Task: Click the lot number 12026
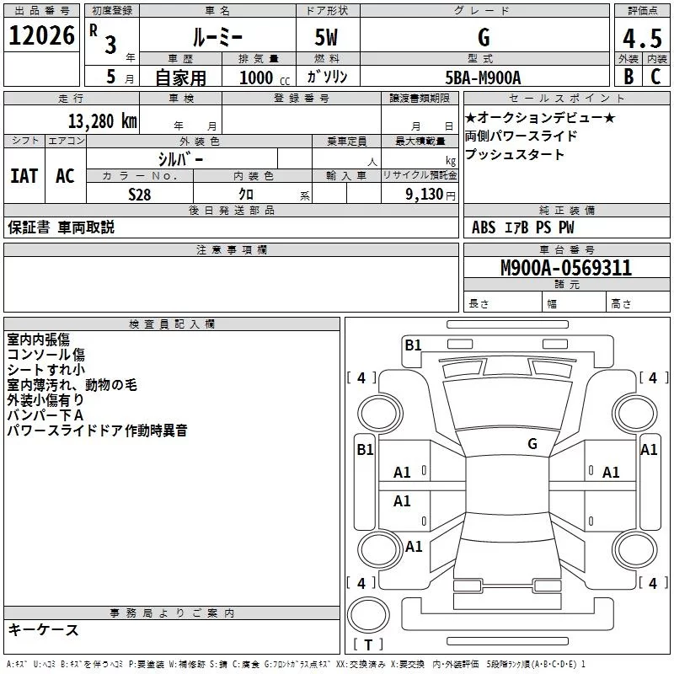(41, 36)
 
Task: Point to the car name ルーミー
(217, 37)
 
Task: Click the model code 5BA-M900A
(483, 78)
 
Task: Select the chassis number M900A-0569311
(565, 268)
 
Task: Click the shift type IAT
(24, 175)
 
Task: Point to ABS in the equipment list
(484, 227)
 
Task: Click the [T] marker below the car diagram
(368, 645)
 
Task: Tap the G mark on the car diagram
(532, 443)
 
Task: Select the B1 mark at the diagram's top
(413, 345)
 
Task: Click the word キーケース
(43, 629)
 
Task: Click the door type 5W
(327, 37)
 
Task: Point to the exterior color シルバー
(181, 158)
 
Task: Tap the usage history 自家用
(180, 78)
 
